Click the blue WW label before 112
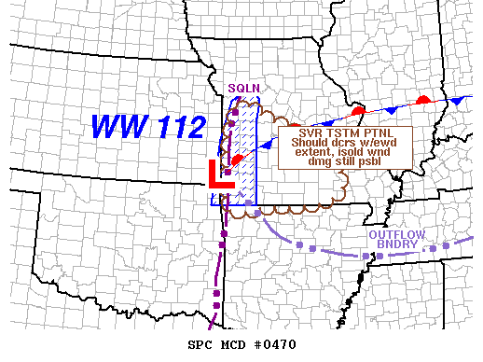pos(118,125)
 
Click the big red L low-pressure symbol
pos(220,174)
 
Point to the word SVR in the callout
pos(298,133)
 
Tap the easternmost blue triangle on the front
pos(457,100)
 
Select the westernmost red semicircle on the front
pos(237,160)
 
